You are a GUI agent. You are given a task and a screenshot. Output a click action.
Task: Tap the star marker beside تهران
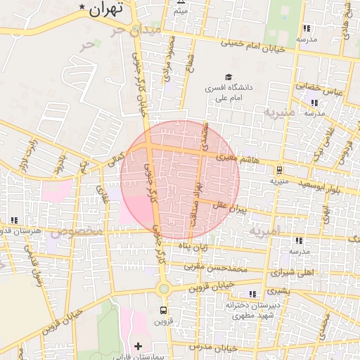(83, 8)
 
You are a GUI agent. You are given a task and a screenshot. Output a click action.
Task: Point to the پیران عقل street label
(233, 207)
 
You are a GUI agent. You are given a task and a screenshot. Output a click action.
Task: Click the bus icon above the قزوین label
(164, 310)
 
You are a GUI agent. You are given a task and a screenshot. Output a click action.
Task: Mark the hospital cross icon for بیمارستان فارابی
(138, 346)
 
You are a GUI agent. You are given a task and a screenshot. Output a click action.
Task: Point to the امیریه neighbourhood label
(264, 231)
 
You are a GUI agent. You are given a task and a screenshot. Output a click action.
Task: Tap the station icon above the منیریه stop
(279, 169)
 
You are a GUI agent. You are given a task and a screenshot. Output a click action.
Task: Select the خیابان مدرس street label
(214, 348)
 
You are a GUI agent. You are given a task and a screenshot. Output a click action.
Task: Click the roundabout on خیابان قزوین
(164, 288)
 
